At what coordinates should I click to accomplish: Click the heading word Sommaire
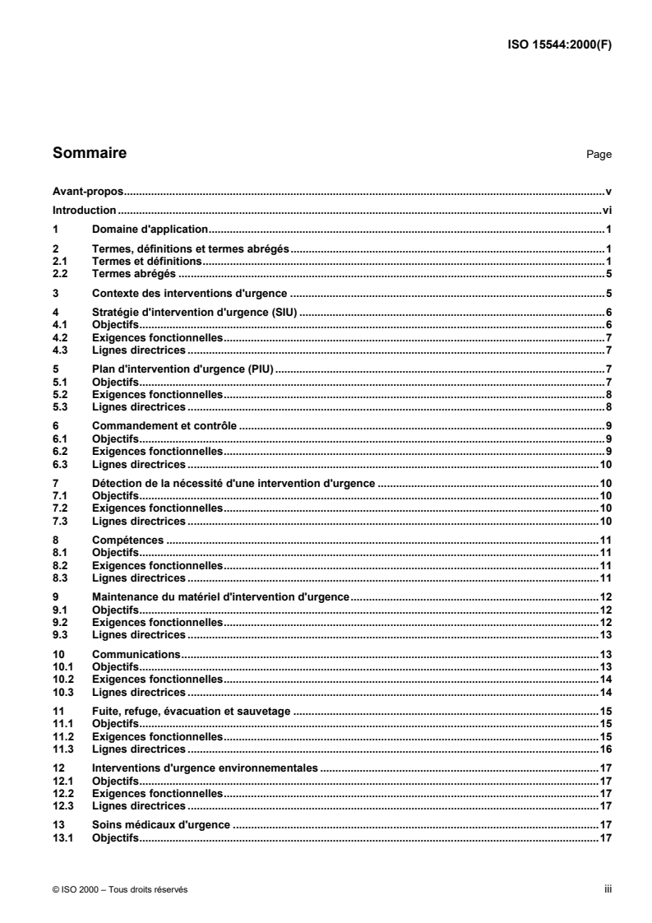(x=90, y=152)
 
